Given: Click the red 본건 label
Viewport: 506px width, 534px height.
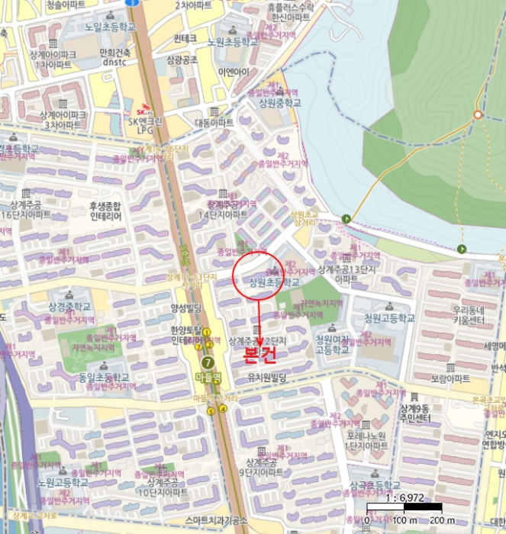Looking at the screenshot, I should point(258,355).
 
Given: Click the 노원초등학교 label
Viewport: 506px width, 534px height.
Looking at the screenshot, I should point(226,43).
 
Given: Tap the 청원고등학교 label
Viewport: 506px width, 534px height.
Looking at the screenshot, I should point(389,318).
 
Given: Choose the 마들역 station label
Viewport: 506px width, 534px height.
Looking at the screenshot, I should point(206,377).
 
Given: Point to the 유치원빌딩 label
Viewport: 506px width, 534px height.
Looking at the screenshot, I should point(266,378).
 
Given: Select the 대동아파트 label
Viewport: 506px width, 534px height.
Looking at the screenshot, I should point(214,122).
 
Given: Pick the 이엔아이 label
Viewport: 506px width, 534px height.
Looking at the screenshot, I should point(233,72).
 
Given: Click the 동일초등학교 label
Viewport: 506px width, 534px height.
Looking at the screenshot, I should point(84,378).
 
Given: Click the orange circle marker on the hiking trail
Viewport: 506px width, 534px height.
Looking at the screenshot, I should point(478,114).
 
